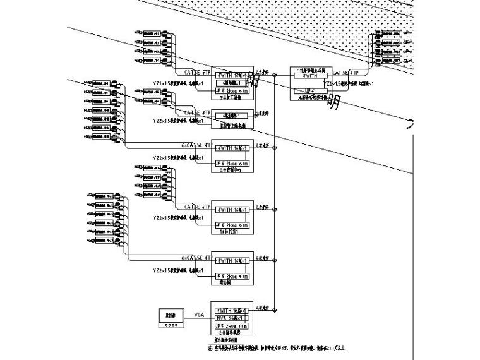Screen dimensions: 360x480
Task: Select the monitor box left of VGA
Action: click(171, 315)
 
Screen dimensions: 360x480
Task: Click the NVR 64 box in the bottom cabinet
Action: click(232, 318)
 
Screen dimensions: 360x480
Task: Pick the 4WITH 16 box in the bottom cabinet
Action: click(232, 311)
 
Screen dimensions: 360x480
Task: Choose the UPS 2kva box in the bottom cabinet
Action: click(232, 325)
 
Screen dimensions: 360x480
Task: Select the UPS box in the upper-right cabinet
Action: click(309, 90)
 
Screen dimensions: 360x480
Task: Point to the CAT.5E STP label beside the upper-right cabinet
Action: click(345, 73)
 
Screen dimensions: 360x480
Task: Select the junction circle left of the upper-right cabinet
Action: click(275, 76)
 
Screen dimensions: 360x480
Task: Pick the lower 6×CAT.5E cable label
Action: click(196, 258)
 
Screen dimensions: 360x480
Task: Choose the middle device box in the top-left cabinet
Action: click(232, 83)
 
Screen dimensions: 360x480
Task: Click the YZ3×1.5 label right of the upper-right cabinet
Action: click(345, 83)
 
